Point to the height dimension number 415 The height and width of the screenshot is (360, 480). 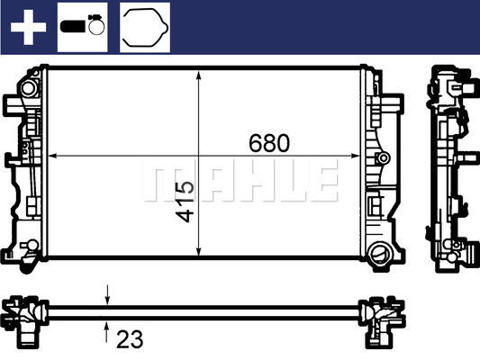(185, 203)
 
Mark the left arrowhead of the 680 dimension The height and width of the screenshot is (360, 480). (50, 156)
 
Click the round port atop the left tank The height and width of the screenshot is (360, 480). (29, 89)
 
